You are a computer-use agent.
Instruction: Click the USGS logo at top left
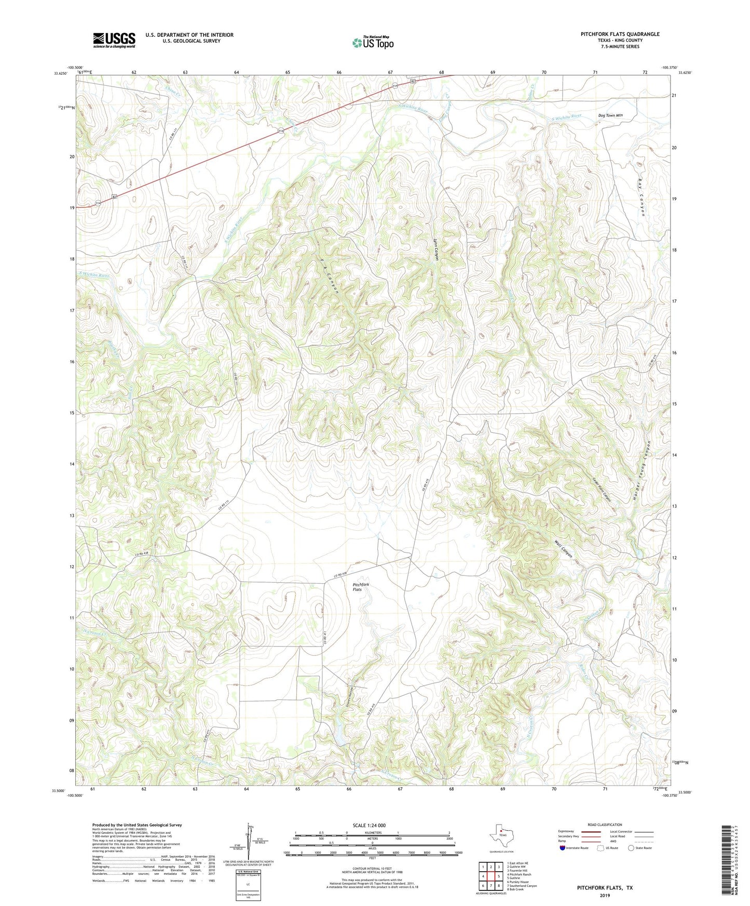[114, 40]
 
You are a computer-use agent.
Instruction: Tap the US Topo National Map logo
[373, 43]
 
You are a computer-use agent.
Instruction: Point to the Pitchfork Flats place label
[361, 587]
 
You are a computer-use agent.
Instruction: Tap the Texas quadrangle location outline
[501, 838]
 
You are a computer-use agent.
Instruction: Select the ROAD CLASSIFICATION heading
[605, 825]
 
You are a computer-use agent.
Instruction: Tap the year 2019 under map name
[605, 896]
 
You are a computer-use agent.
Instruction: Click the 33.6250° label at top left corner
[60, 73]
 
